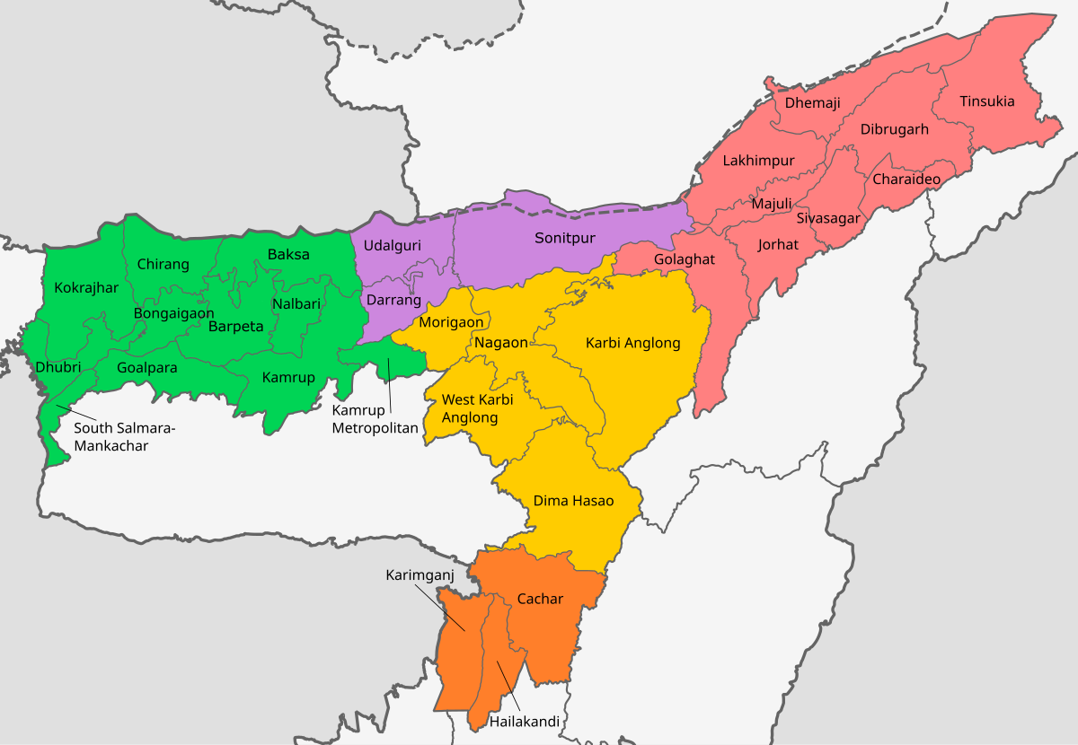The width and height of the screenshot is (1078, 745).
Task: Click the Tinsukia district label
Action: pos(986,101)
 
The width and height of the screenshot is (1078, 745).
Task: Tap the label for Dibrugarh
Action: pos(894,129)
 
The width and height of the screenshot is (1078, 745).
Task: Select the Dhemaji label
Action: pos(812,103)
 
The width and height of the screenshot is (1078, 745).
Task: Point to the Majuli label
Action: pos(772,204)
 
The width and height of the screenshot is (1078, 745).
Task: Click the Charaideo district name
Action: pos(906,180)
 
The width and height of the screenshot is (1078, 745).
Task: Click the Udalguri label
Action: pos(392,245)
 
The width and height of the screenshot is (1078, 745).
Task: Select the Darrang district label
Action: pos(393,300)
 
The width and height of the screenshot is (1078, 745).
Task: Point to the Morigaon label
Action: pos(451,322)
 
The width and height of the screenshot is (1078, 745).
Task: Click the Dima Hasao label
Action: pos(573,501)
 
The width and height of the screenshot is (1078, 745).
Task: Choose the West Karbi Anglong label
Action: pos(477,408)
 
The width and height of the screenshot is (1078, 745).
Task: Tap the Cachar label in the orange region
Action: pos(540,599)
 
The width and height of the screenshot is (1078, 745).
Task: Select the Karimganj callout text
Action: pos(420,574)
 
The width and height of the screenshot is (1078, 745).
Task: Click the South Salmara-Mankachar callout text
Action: pos(124,436)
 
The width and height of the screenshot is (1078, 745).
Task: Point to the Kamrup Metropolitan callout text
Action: pos(375,419)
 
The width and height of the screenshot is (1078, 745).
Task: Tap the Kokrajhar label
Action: pos(86,288)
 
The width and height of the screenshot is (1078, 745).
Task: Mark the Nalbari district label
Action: pos(296,304)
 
